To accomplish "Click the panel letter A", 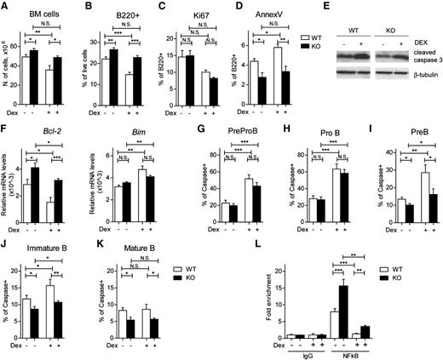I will click(x=5, y=7).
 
